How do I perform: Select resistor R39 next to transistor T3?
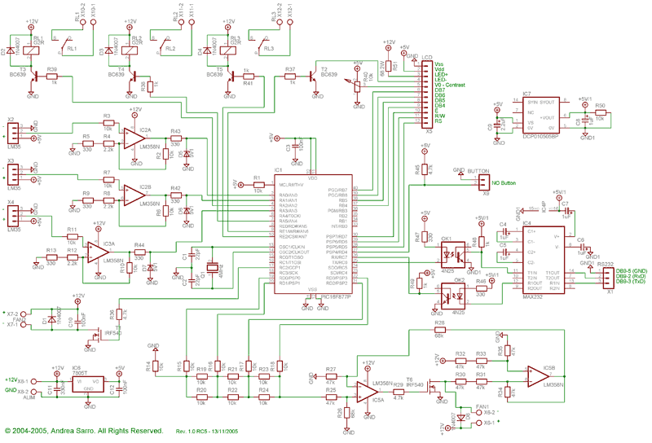pyautogui.click(x=54, y=79)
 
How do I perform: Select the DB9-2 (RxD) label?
pyautogui.click(x=632, y=276)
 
